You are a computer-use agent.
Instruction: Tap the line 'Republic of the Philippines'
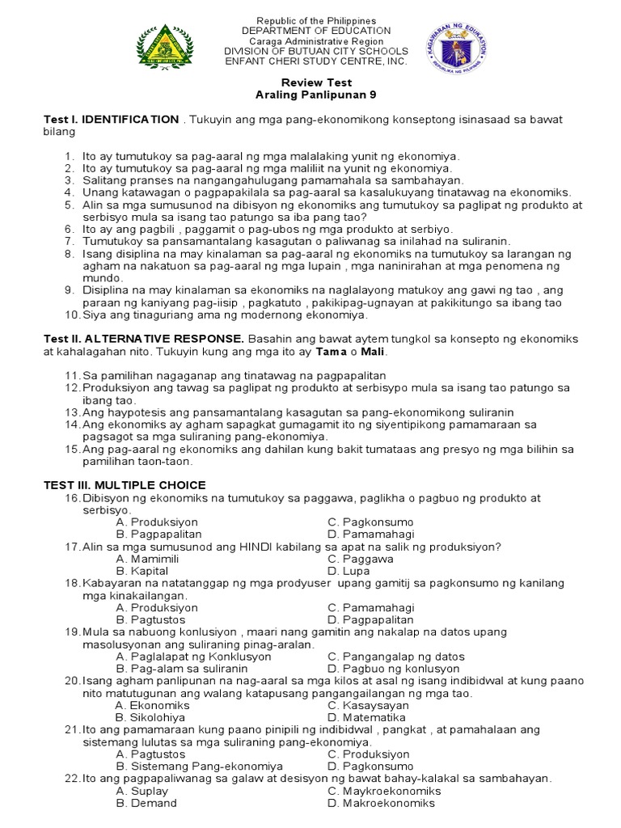point(310,19)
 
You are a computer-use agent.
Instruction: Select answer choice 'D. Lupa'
point(352,571)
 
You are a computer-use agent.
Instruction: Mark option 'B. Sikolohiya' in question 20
point(150,717)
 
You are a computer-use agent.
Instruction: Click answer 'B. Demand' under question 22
point(146,803)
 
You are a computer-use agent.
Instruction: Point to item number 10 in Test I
point(70,315)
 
